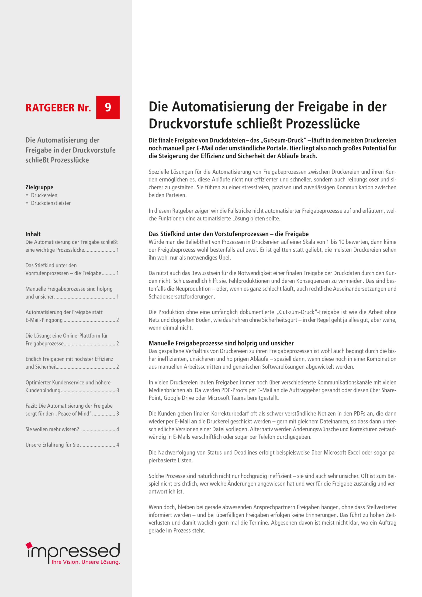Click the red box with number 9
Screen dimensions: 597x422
click(x=108, y=107)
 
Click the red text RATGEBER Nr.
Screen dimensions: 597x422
click(x=58, y=108)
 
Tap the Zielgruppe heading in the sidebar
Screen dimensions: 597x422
click(x=39, y=187)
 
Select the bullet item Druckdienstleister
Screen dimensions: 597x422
click(x=51, y=203)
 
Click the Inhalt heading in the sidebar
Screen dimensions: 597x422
click(x=33, y=234)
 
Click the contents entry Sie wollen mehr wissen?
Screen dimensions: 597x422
click(x=52, y=429)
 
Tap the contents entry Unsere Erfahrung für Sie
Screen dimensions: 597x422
click(x=52, y=445)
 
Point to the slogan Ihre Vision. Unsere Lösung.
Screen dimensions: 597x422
click(x=86, y=562)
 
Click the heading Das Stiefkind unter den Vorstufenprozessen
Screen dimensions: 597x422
click(x=228, y=234)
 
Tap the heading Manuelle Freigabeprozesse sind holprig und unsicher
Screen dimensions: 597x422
click(x=221, y=343)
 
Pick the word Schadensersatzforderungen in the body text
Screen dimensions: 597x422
click(x=181, y=296)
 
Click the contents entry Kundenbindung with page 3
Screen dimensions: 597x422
click(x=43, y=390)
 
